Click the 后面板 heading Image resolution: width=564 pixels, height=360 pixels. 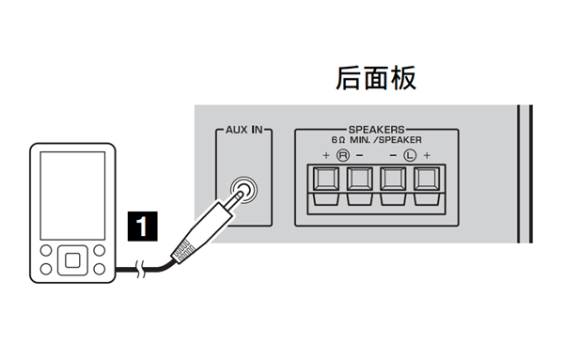(375, 80)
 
